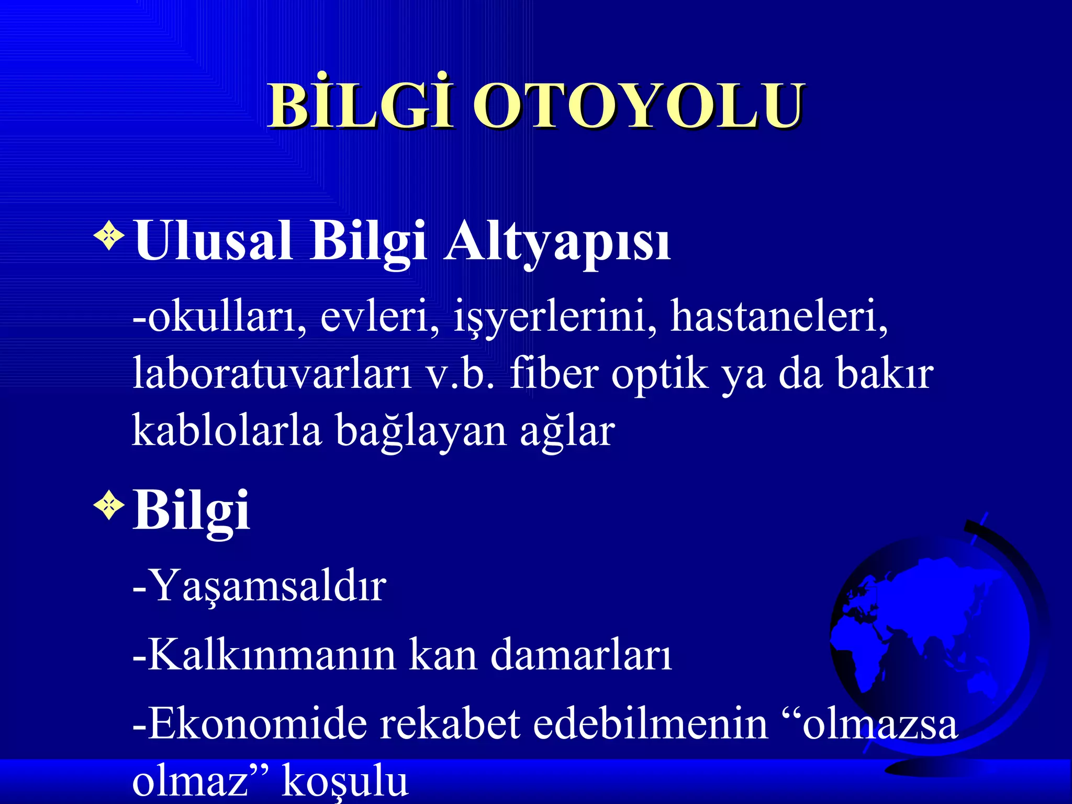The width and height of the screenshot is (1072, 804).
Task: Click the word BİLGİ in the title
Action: (360, 106)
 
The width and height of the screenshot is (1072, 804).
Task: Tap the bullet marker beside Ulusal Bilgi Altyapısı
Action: (109, 236)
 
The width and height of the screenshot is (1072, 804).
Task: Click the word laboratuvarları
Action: (272, 373)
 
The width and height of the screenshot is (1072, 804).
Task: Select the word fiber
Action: (554, 373)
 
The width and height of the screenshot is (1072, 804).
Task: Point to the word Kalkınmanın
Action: (271, 654)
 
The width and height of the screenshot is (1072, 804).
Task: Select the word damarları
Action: (581, 654)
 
